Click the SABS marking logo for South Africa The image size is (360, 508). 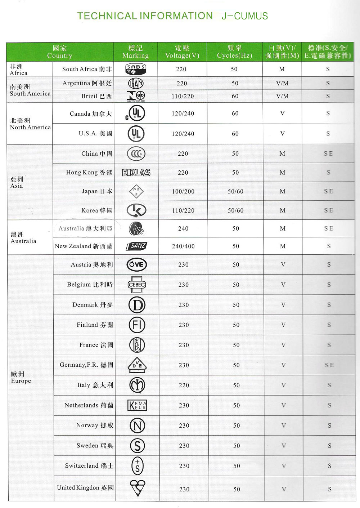pos(136,69)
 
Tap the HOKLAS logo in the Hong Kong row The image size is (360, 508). pos(136,173)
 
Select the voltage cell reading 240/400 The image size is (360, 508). pos(183,246)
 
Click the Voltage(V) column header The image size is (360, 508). pos(182,52)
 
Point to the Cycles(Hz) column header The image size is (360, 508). pos(234,52)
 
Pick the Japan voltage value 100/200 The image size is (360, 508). pos(183,192)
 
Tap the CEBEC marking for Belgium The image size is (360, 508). pos(137,285)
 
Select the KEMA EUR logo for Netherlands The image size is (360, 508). pos(137,405)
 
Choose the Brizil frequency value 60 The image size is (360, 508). pos(235,96)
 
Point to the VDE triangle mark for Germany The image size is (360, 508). pos(137,365)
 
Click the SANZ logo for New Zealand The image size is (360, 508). pos(137,246)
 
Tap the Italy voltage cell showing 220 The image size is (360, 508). pos(184,385)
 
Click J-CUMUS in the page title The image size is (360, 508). pos(245,16)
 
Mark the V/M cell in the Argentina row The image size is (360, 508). pos(282,83)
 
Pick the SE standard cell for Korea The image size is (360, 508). pos(328,210)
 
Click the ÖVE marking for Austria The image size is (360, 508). pos(137,264)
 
